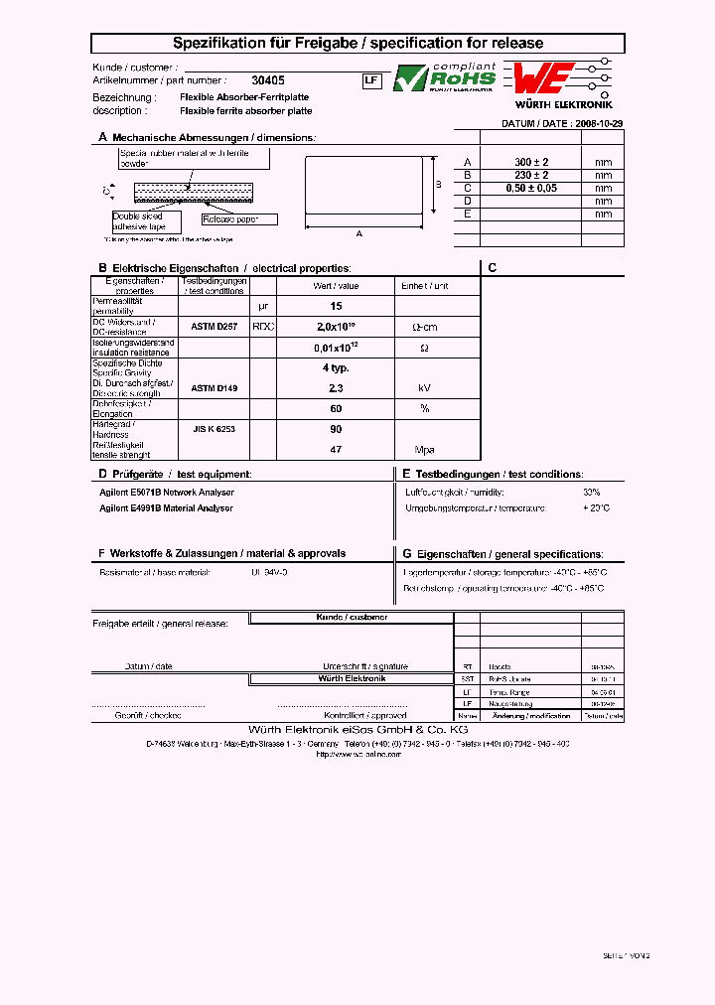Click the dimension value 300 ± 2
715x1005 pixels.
tap(531, 162)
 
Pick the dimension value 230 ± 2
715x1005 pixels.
tap(531, 175)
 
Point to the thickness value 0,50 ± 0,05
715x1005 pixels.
tap(531, 188)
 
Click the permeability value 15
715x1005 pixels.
tap(336, 306)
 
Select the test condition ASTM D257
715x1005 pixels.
tap(214, 326)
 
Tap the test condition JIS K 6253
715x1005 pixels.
tap(214, 429)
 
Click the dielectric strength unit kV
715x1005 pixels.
tap(425, 388)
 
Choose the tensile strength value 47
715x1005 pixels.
tap(336, 450)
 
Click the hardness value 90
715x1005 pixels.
tap(336, 429)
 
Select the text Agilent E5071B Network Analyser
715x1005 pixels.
tap(167, 492)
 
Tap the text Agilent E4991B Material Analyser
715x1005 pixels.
tap(166, 507)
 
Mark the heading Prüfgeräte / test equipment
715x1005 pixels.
tap(181, 475)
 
